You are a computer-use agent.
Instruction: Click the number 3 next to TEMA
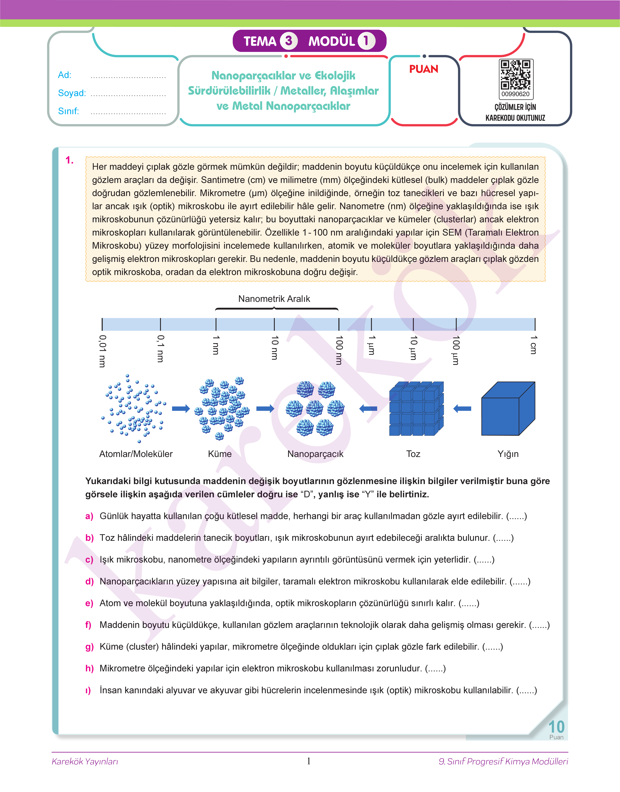click(289, 41)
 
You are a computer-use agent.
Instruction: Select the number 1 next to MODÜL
click(366, 41)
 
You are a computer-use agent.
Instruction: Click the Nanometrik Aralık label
click(274, 299)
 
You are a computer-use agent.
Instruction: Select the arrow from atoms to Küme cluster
click(181, 409)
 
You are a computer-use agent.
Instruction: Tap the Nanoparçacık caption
click(315, 454)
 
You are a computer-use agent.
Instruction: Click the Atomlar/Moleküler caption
click(136, 454)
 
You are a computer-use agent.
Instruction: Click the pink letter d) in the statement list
click(89, 582)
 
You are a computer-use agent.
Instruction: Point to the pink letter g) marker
click(89, 647)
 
